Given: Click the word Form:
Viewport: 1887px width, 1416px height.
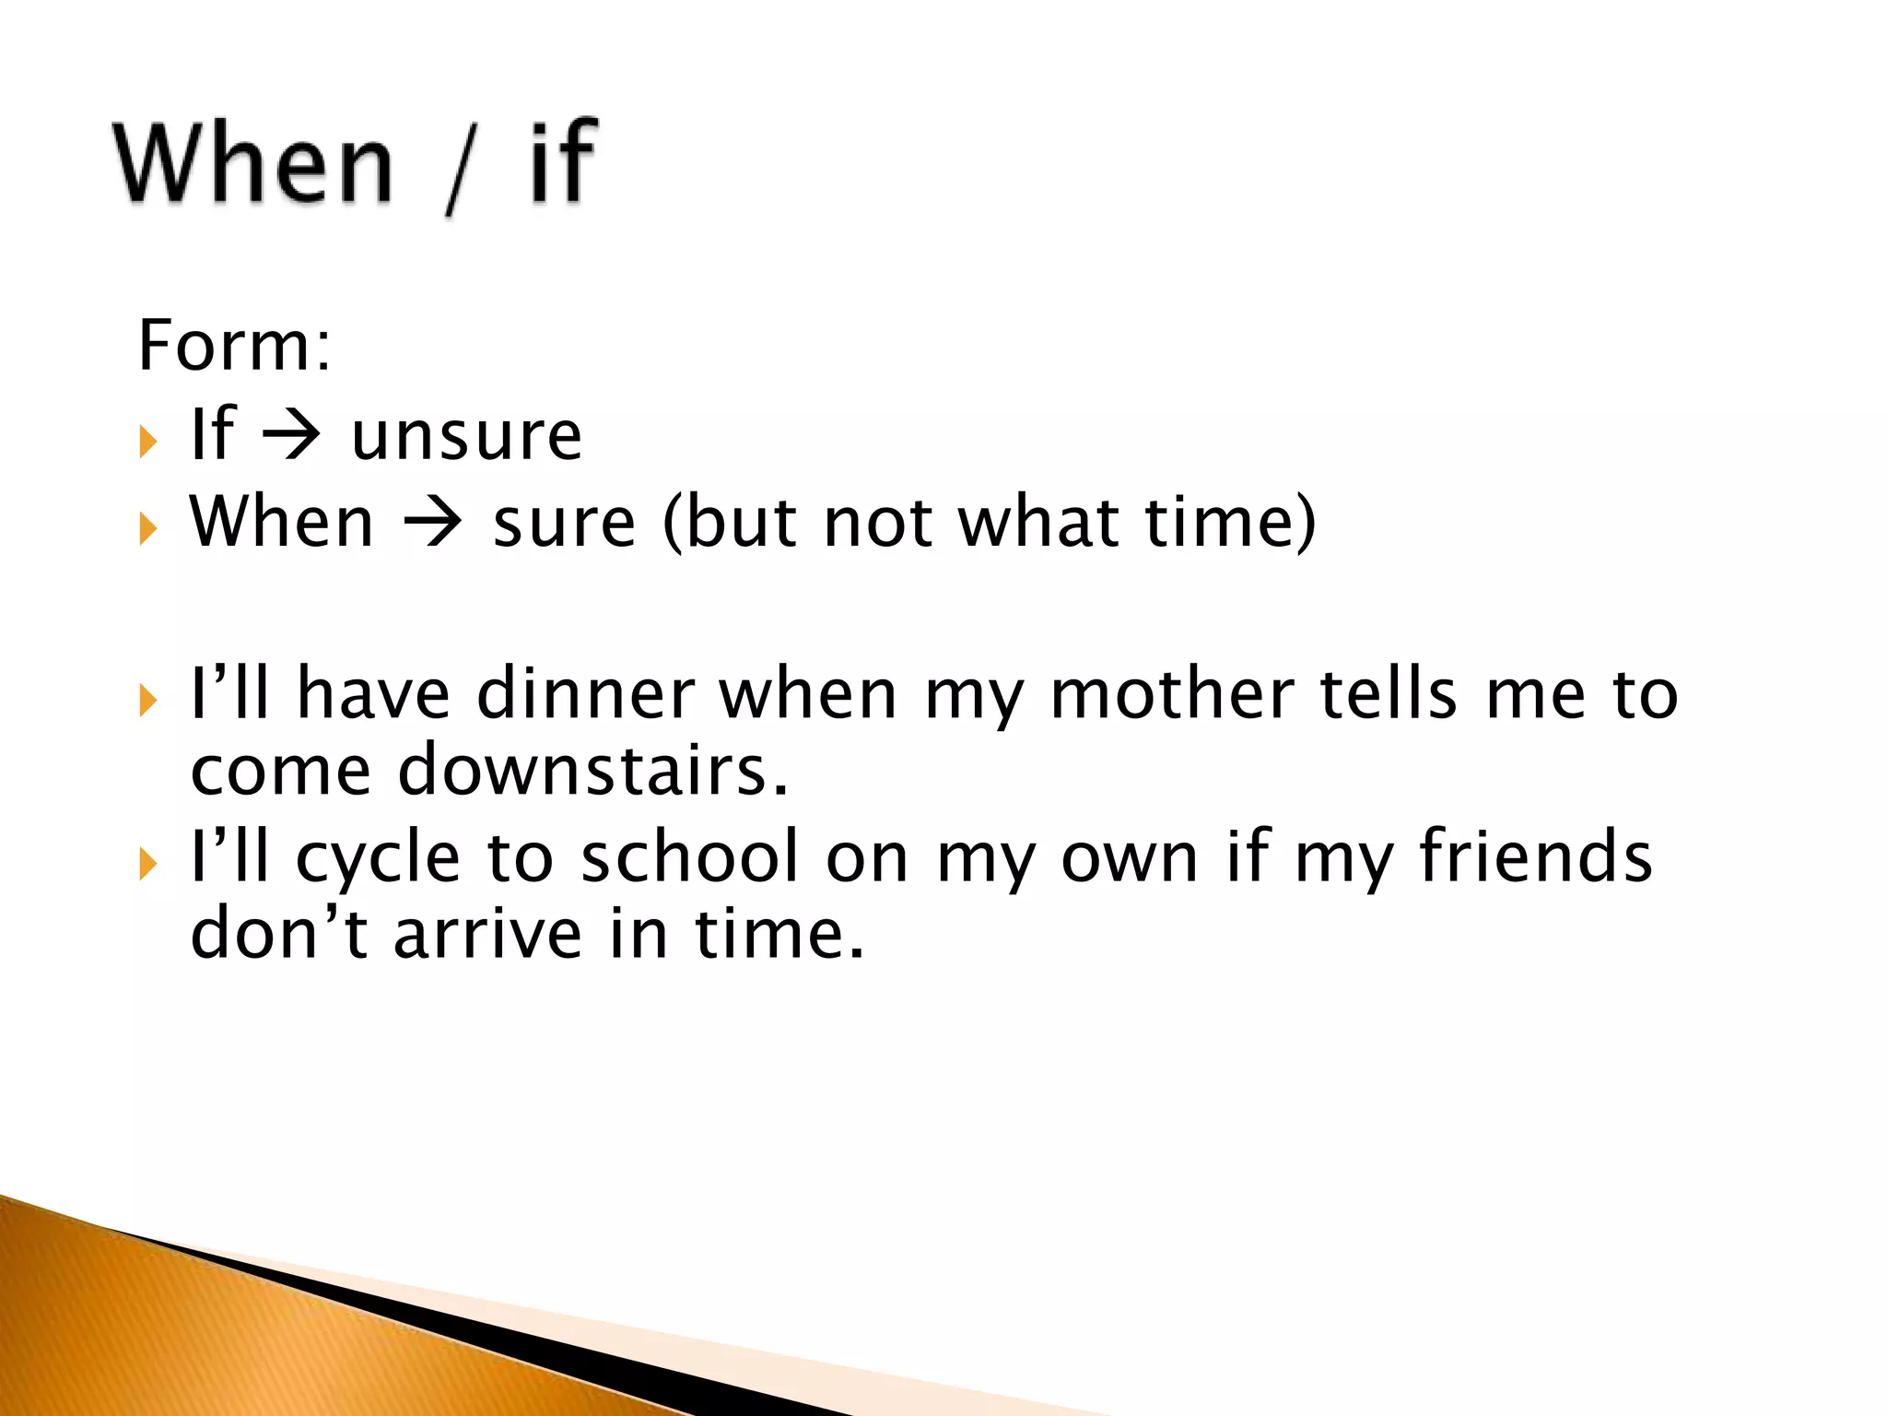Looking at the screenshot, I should point(234,346).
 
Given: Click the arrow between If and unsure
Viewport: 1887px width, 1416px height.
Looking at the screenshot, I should point(292,435).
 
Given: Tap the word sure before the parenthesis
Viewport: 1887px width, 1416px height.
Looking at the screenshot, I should point(564,524).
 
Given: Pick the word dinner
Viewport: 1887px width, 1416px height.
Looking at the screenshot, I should point(586,693).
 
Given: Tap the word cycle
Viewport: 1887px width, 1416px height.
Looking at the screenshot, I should point(378,858).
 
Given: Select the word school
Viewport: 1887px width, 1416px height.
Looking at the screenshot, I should point(691,856).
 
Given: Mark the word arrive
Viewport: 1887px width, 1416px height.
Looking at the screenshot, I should point(488,933).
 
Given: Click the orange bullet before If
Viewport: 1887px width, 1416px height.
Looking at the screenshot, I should point(148,442).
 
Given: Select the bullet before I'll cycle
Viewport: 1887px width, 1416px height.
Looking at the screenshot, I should point(148,865).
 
